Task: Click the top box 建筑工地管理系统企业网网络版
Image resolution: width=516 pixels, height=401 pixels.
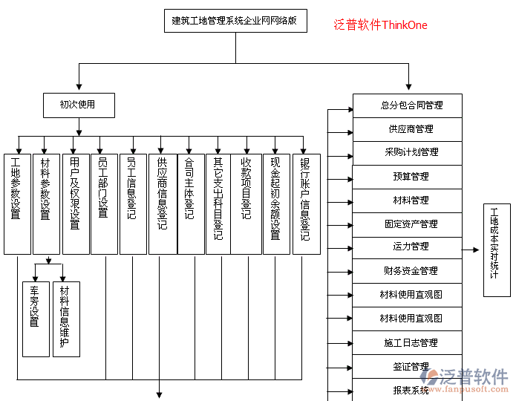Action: point(234,21)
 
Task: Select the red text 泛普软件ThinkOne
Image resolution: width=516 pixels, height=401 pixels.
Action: point(380,25)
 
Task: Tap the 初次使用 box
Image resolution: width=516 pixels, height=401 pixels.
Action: point(78,105)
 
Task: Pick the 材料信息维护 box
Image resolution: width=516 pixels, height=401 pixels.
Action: point(65,319)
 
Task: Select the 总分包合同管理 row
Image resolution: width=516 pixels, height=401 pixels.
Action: point(407,105)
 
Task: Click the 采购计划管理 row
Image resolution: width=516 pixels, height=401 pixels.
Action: point(407,152)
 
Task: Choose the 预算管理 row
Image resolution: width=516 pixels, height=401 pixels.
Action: point(407,177)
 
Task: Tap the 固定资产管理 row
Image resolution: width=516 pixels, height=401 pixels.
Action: point(407,224)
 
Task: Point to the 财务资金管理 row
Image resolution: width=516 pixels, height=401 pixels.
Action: point(407,271)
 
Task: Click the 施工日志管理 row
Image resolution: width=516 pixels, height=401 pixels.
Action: point(407,343)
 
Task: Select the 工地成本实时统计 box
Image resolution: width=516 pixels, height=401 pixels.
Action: point(495,250)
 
